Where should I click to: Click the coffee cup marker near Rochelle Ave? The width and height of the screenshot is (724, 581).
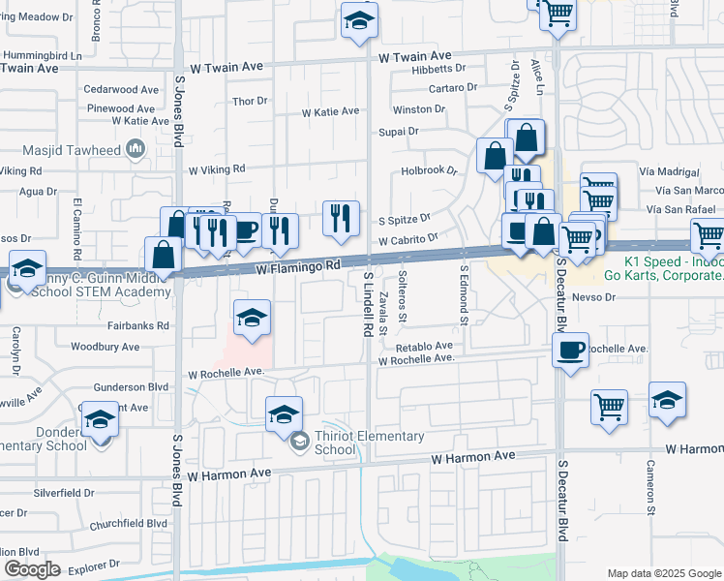(570, 350)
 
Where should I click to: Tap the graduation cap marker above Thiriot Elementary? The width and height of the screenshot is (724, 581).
(283, 413)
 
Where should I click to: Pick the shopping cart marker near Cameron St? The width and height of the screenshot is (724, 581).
(609, 407)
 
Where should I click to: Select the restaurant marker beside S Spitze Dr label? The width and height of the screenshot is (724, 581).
(341, 218)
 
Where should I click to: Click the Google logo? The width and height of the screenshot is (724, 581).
(32, 568)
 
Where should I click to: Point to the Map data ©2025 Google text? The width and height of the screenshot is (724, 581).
(663, 573)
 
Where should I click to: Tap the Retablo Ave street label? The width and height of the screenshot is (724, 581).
(423, 345)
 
